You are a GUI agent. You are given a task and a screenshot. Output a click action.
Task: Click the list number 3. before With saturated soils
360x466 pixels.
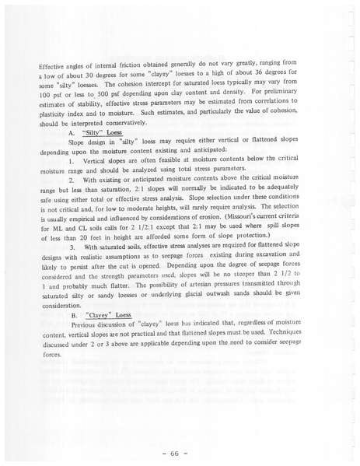pyautogui.click(x=72, y=246)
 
